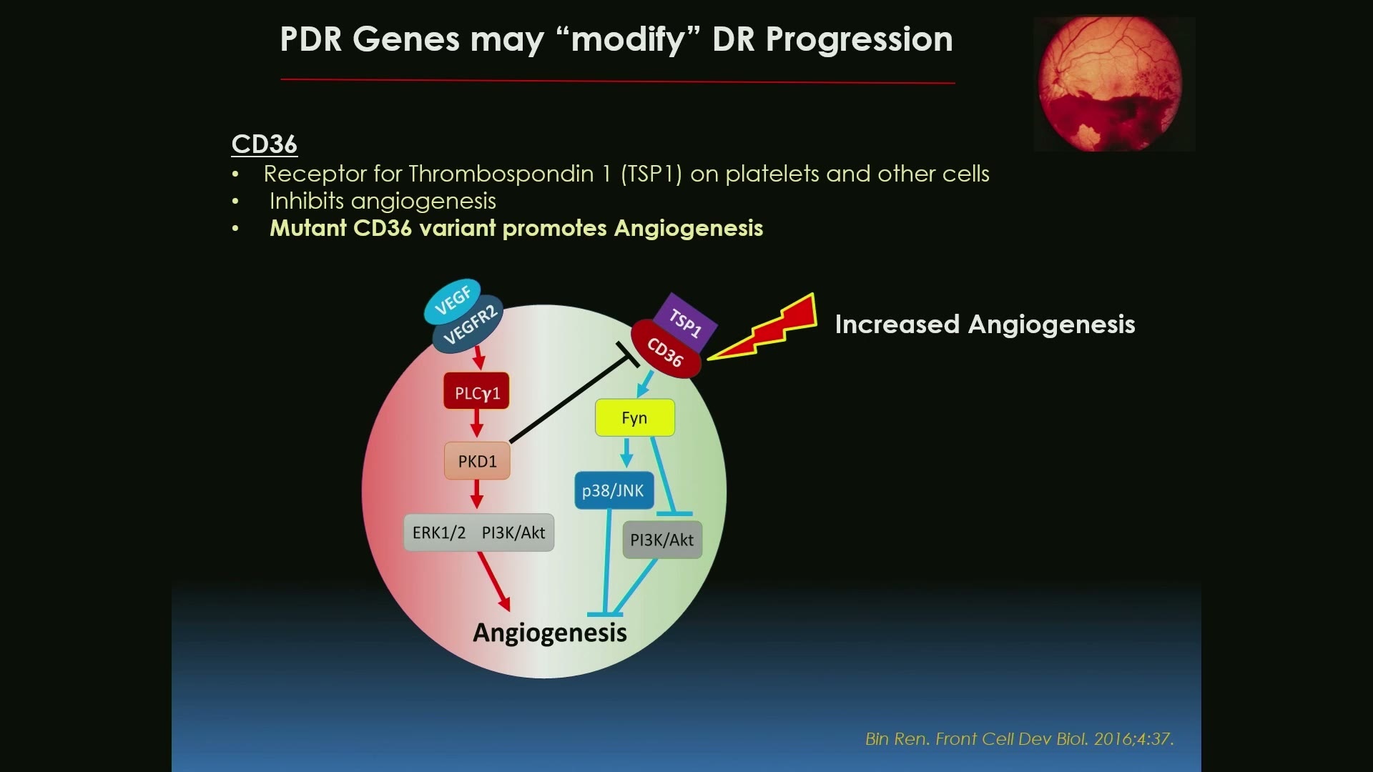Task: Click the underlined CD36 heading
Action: tap(264, 144)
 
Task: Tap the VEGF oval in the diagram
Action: tap(452, 300)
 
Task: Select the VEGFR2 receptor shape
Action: tap(469, 325)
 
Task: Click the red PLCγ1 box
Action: tap(477, 391)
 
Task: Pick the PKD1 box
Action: tap(477, 461)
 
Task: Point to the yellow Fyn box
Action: tap(635, 417)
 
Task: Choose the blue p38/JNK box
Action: tap(614, 490)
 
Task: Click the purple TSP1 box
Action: tap(685, 322)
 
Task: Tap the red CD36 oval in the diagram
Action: tap(666, 350)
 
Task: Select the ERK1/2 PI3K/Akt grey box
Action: tap(479, 533)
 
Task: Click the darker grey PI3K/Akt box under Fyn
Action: tap(662, 540)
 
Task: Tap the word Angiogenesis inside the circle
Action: tap(550, 633)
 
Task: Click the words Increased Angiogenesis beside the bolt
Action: tap(985, 325)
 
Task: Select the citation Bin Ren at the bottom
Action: tap(1019, 738)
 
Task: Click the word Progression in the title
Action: tap(859, 39)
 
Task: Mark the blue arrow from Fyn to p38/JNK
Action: tap(626, 452)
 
